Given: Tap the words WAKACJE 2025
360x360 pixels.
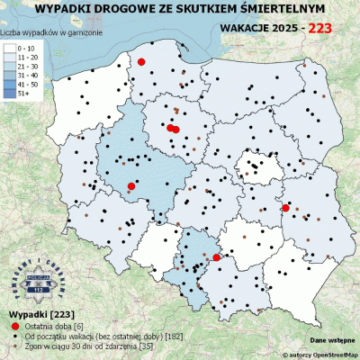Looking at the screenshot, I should pos(261,28).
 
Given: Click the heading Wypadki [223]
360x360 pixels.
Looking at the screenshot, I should pos(34,312).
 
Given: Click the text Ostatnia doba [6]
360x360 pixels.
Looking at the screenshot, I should pos(54,324).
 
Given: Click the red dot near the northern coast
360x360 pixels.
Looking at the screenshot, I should pos(141,62).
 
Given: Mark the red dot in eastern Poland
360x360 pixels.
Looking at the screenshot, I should pos(286,208).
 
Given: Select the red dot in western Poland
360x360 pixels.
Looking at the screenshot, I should pos(131,185).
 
